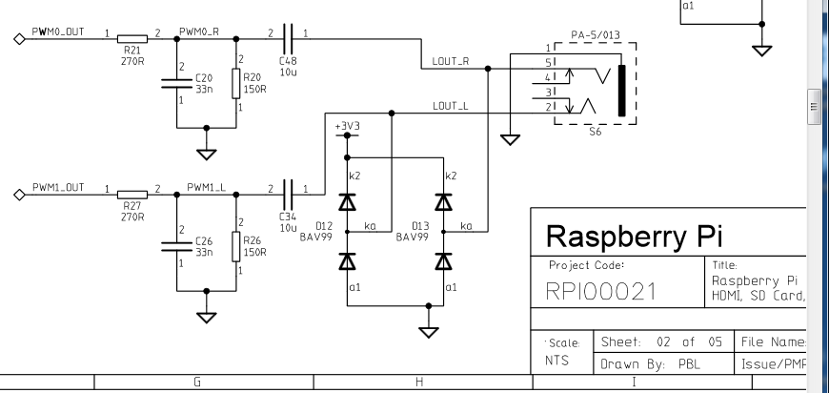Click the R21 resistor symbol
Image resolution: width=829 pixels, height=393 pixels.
click(131, 38)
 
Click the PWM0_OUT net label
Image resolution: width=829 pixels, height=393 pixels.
click(58, 31)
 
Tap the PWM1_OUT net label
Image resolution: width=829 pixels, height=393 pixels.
click(58, 188)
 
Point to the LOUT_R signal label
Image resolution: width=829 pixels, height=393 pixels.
click(450, 62)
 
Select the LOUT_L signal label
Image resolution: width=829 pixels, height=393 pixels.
click(450, 106)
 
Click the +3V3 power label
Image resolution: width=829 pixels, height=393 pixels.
click(347, 126)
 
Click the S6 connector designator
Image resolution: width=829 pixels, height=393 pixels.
click(595, 132)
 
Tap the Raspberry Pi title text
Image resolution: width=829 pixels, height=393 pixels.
click(630, 236)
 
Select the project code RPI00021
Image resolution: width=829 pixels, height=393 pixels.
click(601, 292)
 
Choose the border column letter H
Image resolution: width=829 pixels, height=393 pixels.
click(419, 383)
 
